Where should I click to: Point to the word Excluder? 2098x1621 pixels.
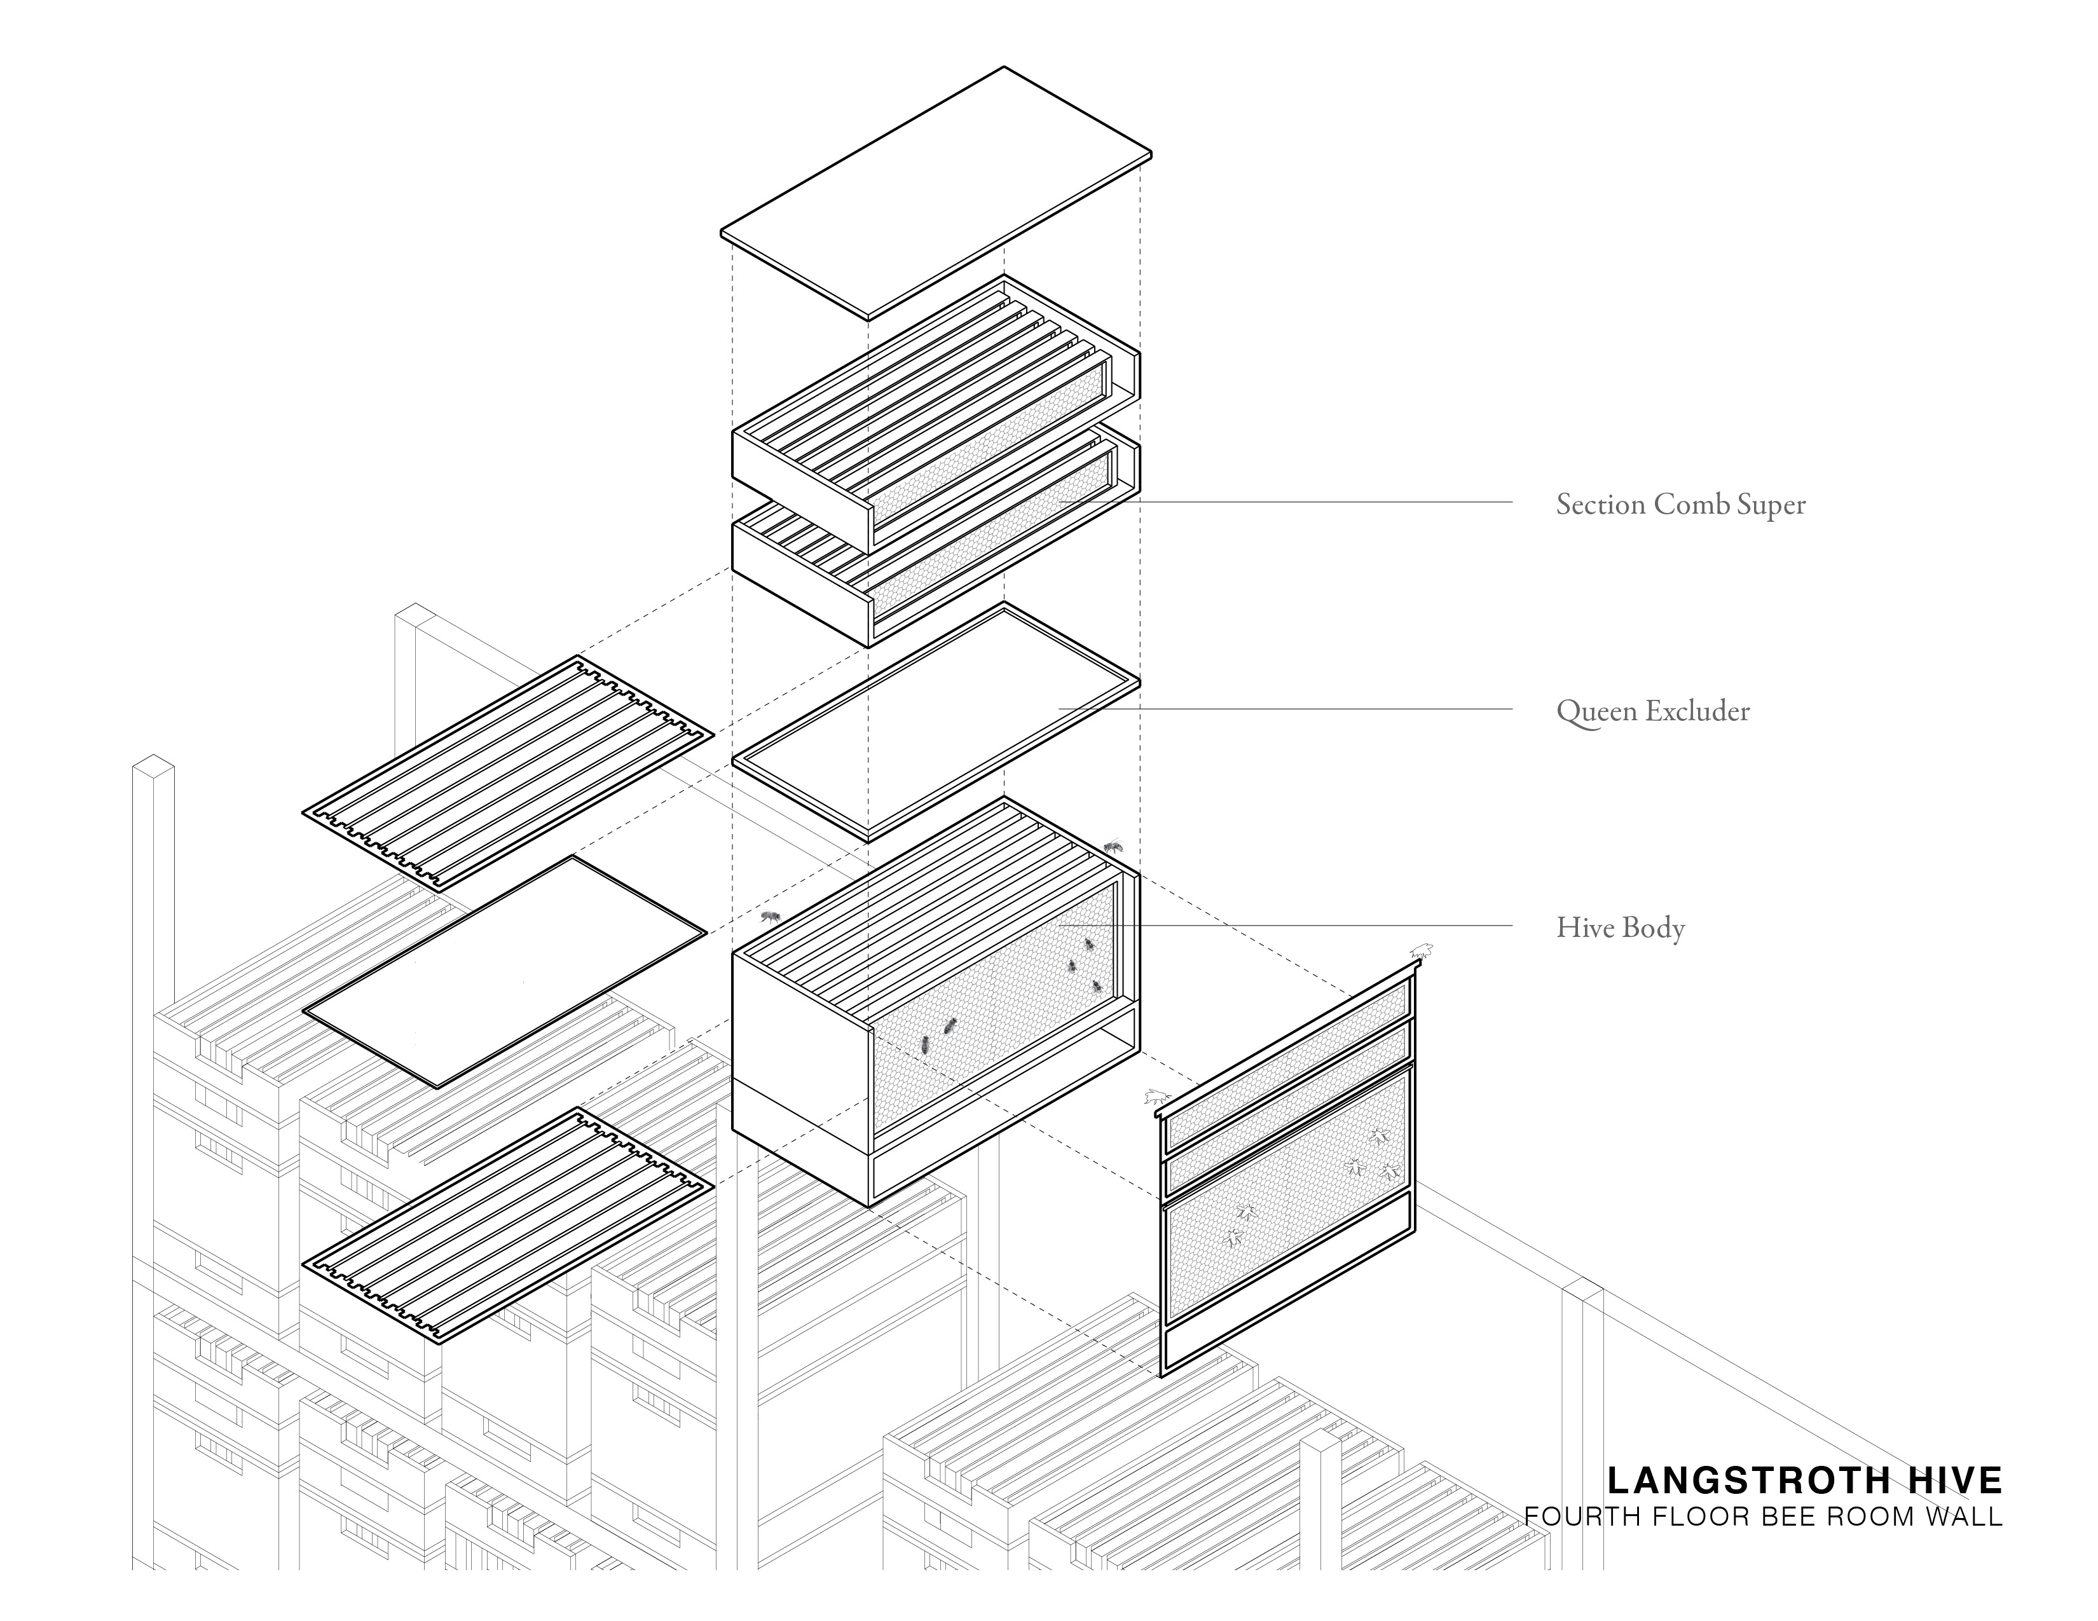(1697, 711)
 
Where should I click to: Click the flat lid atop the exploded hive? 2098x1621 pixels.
(936, 192)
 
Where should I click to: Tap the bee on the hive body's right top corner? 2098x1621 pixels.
(1113, 846)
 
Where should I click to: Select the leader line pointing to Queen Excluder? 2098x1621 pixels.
(1287, 709)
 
